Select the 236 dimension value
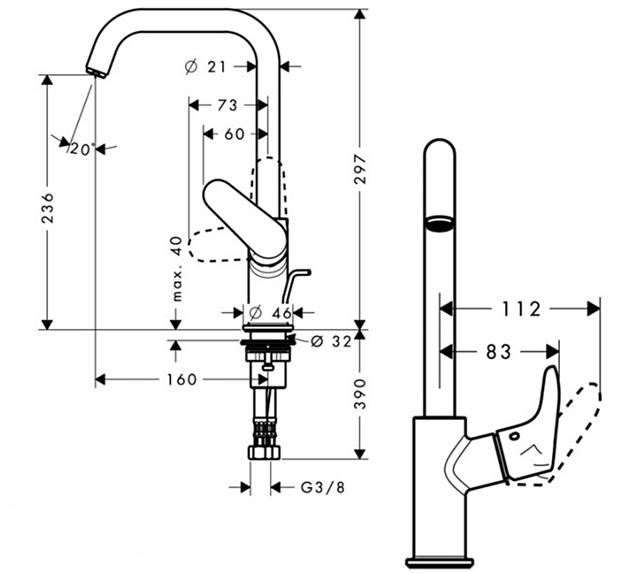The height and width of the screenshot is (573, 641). point(47,207)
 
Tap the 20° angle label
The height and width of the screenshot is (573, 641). point(82,149)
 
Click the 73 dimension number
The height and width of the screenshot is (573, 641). point(227,105)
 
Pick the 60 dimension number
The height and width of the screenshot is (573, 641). point(234,133)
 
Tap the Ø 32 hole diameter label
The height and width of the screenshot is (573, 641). point(332,342)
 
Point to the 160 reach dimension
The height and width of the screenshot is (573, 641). point(182,379)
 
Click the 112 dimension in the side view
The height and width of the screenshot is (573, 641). point(519,309)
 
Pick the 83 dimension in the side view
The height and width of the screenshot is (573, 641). point(499,351)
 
